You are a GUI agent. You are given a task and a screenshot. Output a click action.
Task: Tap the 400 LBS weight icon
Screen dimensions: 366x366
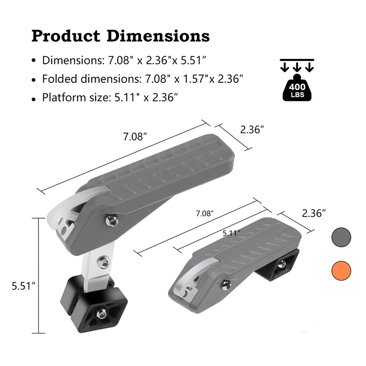(297, 87)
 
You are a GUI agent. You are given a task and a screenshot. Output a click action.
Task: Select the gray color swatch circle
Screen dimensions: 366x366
(341, 237)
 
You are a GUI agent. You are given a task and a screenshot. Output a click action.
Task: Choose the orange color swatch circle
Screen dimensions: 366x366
(341, 270)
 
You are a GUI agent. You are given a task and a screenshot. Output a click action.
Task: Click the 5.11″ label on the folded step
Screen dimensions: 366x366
(231, 233)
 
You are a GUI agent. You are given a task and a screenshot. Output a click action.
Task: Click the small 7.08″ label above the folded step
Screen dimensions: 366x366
(205, 214)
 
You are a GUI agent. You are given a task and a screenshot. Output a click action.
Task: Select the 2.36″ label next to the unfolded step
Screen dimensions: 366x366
(253, 129)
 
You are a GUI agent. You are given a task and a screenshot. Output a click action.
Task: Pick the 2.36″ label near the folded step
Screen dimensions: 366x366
(314, 213)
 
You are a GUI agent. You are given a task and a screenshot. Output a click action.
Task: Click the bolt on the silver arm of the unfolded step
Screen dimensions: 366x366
(104, 262)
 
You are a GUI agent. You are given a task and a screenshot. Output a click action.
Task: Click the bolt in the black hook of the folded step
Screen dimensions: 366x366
(282, 263)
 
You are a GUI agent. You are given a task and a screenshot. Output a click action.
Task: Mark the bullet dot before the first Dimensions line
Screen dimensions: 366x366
(33, 61)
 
